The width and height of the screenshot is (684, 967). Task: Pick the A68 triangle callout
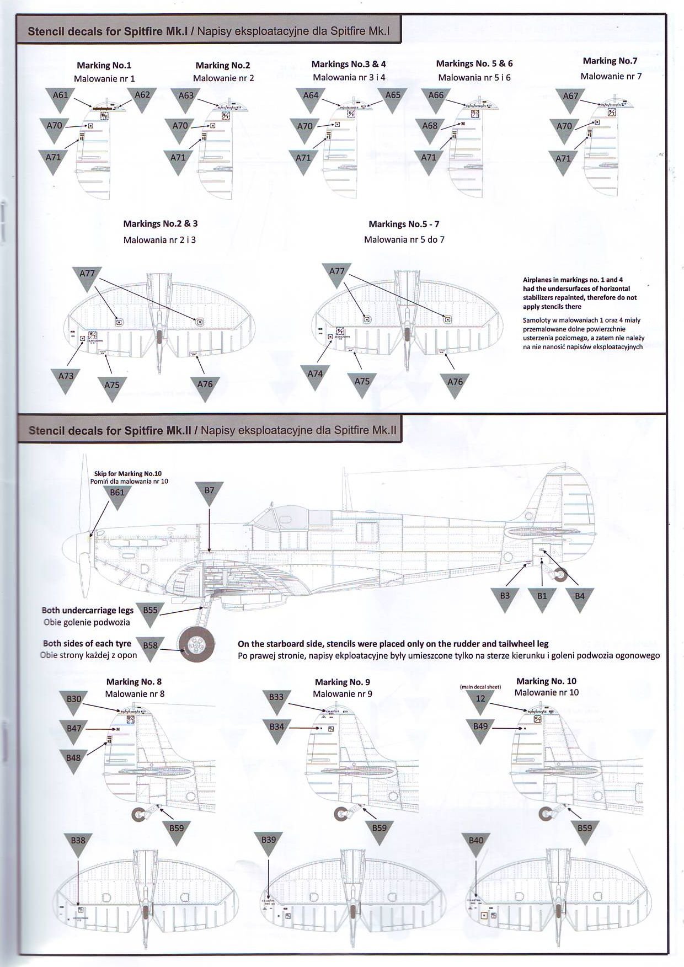430,129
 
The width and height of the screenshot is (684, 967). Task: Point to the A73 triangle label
66,379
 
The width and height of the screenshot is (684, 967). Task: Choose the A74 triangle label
315,377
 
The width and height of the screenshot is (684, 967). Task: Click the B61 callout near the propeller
117,495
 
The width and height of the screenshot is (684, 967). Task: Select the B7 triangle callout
209,493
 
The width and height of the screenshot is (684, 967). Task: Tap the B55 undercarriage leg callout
150,613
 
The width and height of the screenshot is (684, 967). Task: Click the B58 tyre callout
150,648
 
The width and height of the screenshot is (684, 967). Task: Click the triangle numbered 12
480,701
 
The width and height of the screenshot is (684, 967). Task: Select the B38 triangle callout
78,843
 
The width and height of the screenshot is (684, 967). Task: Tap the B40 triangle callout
475,843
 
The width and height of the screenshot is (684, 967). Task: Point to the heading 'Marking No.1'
104,66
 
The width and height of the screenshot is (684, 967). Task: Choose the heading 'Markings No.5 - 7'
404,224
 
